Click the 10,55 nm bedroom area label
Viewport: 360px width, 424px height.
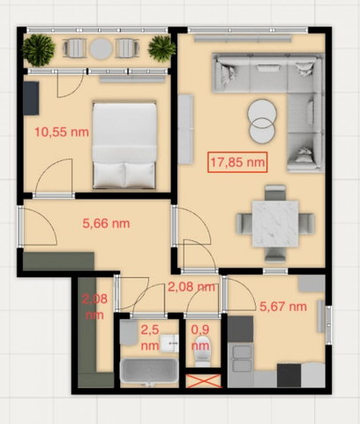pyautogui.click(x=62, y=132)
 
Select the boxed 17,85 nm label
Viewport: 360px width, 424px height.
pyautogui.click(x=237, y=162)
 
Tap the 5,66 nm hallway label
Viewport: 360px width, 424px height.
pyautogui.click(x=106, y=223)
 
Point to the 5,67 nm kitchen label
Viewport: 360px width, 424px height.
pyautogui.click(x=283, y=307)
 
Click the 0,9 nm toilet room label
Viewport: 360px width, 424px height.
pyautogui.click(x=200, y=337)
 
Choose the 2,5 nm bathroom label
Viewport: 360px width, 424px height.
pyautogui.click(x=150, y=337)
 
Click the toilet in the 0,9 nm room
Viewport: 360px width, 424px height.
pyautogui.click(x=203, y=352)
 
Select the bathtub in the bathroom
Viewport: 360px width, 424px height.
pyautogui.click(x=149, y=371)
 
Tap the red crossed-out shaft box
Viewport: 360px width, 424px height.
pyautogui.click(x=204, y=381)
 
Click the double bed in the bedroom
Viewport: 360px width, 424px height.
pyautogui.click(x=124, y=146)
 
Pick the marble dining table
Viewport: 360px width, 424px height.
pyautogui.click(x=275, y=223)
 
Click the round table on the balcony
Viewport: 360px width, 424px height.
pyautogui.click(x=101, y=49)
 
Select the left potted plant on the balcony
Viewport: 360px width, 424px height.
pyautogui.click(x=39, y=50)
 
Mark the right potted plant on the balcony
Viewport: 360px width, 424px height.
pyautogui.click(x=161, y=49)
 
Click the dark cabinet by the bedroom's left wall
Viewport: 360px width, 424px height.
pyautogui.click(x=31, y=98)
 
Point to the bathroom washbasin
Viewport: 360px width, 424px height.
pyautogui.click(x=169, y=344)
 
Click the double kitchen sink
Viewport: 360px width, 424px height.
pyautogui.click(x=243, y=359)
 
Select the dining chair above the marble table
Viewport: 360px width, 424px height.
pyautogui.click(x=275, y=193)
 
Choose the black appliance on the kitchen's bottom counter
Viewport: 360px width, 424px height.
pyautogui.click(x=289, y=375)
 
